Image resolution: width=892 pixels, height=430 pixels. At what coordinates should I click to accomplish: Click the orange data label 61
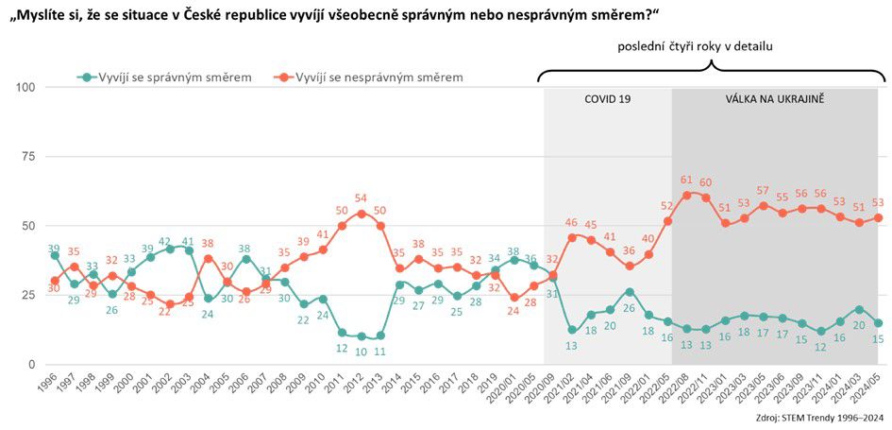coord(686,180)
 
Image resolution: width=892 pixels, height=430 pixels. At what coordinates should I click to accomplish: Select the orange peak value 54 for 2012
coord(360,199)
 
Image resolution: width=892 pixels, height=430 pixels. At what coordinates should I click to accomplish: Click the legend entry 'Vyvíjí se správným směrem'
coord(165,77)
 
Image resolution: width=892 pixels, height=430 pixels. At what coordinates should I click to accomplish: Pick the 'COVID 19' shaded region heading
coord(607,98)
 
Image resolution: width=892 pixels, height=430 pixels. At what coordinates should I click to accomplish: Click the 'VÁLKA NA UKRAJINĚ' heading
coord(775,98)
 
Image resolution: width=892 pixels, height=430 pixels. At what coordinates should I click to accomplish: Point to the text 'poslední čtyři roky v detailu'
coord(709,45)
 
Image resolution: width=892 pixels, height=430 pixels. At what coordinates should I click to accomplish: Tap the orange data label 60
coord(707,183)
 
